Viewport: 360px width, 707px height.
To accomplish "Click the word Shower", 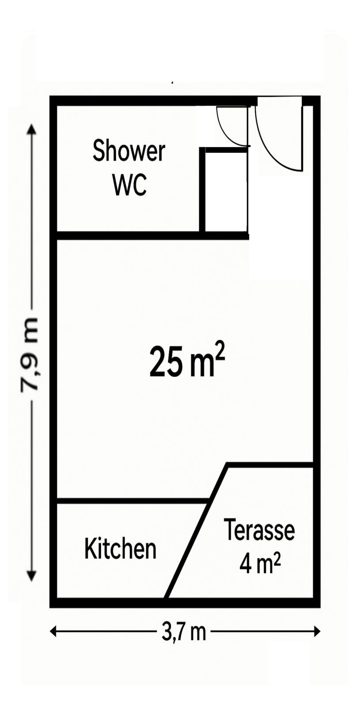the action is click(129, 152).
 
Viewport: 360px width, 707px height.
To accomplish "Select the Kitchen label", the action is click(120, 549).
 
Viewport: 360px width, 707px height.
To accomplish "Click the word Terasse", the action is click(259, 530).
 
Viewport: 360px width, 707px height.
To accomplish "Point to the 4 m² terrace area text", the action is click(260, 564).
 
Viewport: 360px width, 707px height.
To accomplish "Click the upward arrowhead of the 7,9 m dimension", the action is click(31, 129).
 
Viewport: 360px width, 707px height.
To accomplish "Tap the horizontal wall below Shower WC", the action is click(152, 236).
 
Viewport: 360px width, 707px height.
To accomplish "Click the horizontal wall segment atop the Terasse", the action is click(270, 465).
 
